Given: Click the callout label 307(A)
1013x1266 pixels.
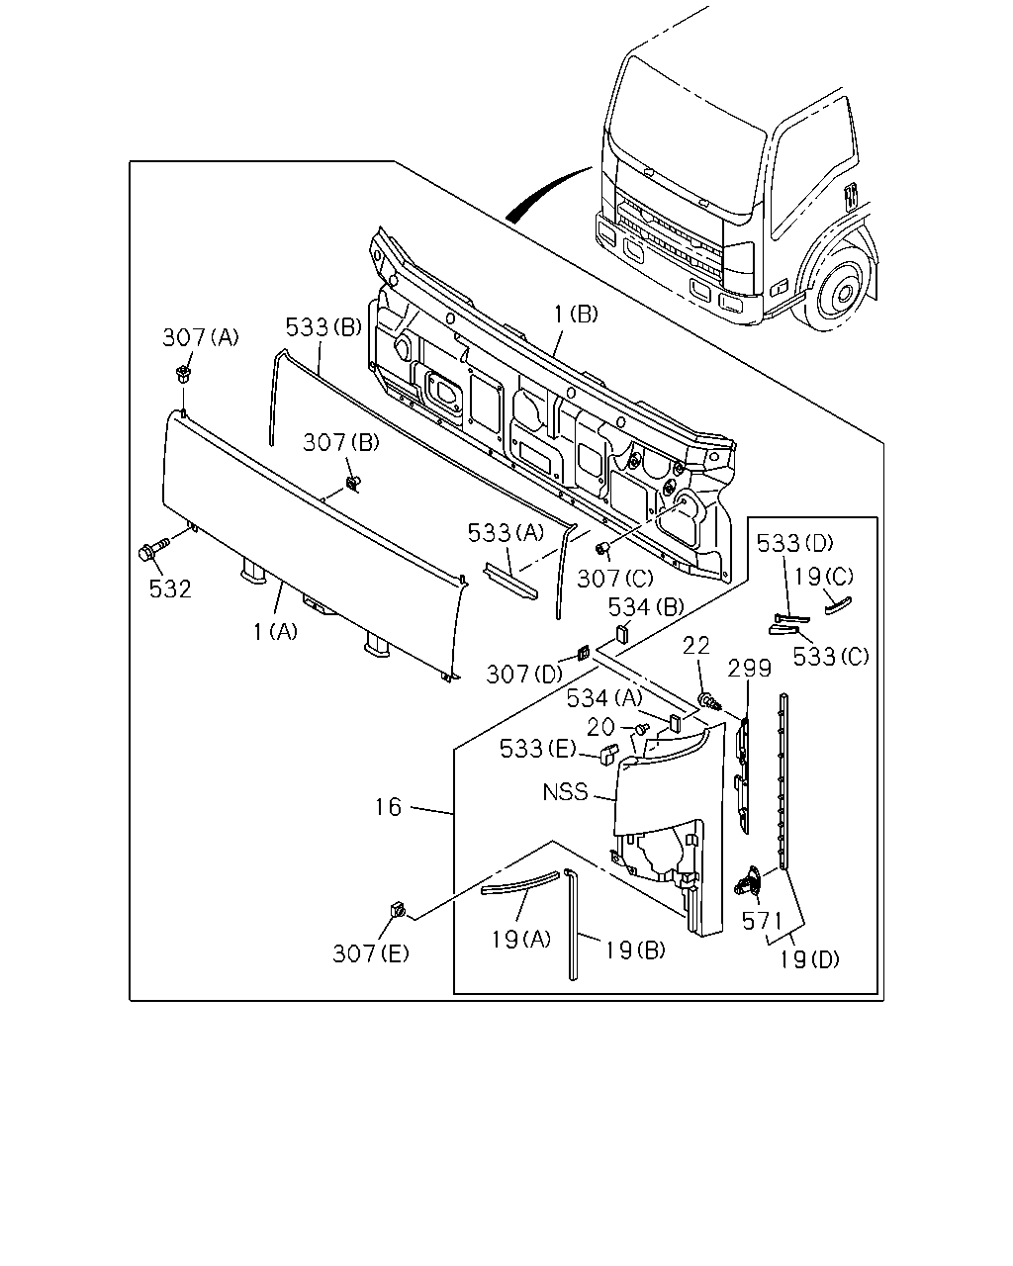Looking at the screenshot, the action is coord(201,337).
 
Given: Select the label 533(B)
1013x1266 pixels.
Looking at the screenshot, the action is coord(323,326).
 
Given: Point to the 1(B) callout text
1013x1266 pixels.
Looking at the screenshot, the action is coord(576,315).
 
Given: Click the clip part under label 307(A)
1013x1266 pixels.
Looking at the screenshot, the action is coord(183,374).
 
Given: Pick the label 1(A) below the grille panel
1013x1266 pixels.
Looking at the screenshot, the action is coord(275,631).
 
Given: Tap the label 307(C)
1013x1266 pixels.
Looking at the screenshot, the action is coord(614,579).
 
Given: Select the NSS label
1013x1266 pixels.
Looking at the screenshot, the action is coord(565,792).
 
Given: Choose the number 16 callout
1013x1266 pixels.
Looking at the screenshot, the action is coord(389,806).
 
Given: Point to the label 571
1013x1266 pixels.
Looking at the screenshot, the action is coord(762,921).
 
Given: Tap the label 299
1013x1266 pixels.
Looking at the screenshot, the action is coord(749,669).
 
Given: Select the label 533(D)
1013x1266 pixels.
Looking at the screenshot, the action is coord(794,543).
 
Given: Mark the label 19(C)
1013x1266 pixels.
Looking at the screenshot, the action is coord(823,576).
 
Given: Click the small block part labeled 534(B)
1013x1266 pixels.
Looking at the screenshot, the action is coord(622,634).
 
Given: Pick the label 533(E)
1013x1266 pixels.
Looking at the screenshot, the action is coord(537,749).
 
